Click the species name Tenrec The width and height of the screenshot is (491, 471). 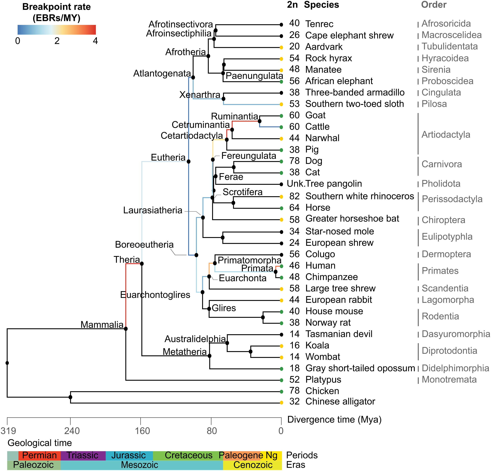point(319,24)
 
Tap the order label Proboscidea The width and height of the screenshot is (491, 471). point(447,81)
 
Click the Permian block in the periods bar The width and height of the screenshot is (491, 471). point(39,455)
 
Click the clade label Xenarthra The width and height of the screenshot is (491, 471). point(200,95)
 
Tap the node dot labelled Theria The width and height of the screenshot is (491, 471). point(142,264)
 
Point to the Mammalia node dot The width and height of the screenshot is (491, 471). point(126,329)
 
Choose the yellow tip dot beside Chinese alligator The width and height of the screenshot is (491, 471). point(281,403)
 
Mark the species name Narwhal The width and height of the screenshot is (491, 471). point(322,138)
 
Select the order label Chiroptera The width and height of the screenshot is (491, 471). point(443,220)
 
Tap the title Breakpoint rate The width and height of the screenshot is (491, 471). point(57,7)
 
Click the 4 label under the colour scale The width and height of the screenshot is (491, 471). point(95,41)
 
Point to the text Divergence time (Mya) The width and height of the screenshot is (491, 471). point(334,420)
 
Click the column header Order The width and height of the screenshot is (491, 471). point(434,5)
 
